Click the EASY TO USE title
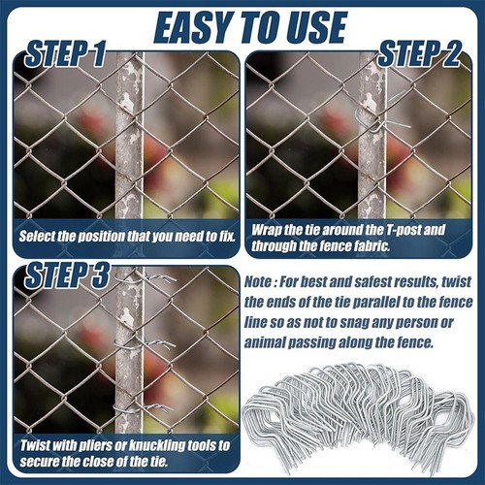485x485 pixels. pyautogui.click(x=250, y=28)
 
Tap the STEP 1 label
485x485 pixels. pyautogui.click(x=65, y=53)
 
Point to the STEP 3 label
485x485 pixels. pyautogui.click(x=67, y=275)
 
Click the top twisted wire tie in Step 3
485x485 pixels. pyautogui.click(x=145, y=277)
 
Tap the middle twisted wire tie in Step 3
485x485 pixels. pyautogui.click(x=145, y=343)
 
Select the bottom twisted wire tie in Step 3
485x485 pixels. pyautogui.click(x=144, y=408)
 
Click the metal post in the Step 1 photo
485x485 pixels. pyautogui.click(x=129, y=136)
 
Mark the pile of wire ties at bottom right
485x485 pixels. pyautogui.click(x=359, y=420)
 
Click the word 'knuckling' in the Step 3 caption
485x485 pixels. pyautogui.click(x=157, y=446)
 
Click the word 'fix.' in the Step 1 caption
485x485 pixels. pyautogui.click(x=227, y=236)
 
